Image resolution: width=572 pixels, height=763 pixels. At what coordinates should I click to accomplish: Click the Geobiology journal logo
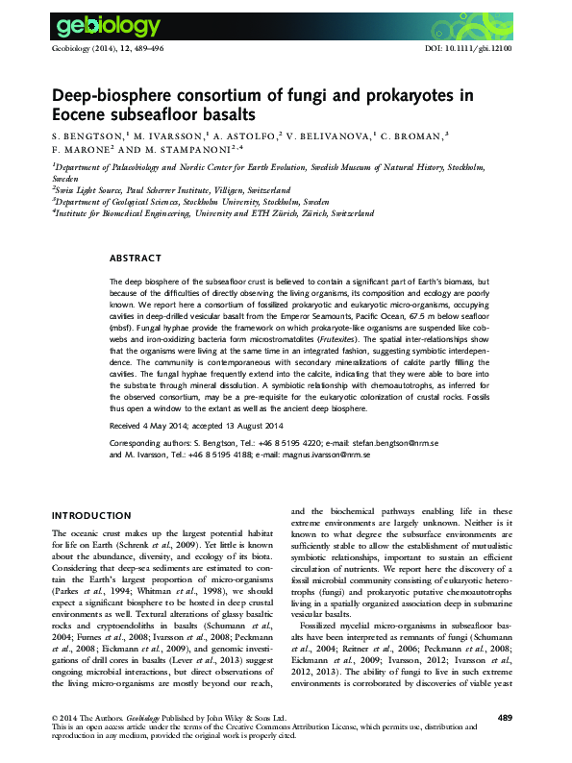click(x=108, y=26)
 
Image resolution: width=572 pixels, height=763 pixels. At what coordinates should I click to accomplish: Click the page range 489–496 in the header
click(x=149, y=48)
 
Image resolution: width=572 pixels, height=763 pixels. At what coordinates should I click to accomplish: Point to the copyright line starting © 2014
click(x=168, y=718)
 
